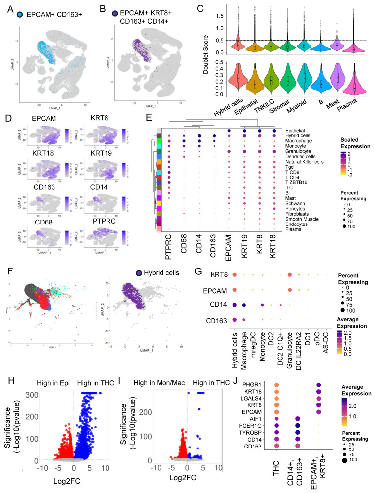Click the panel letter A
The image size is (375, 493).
click(5, 7)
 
